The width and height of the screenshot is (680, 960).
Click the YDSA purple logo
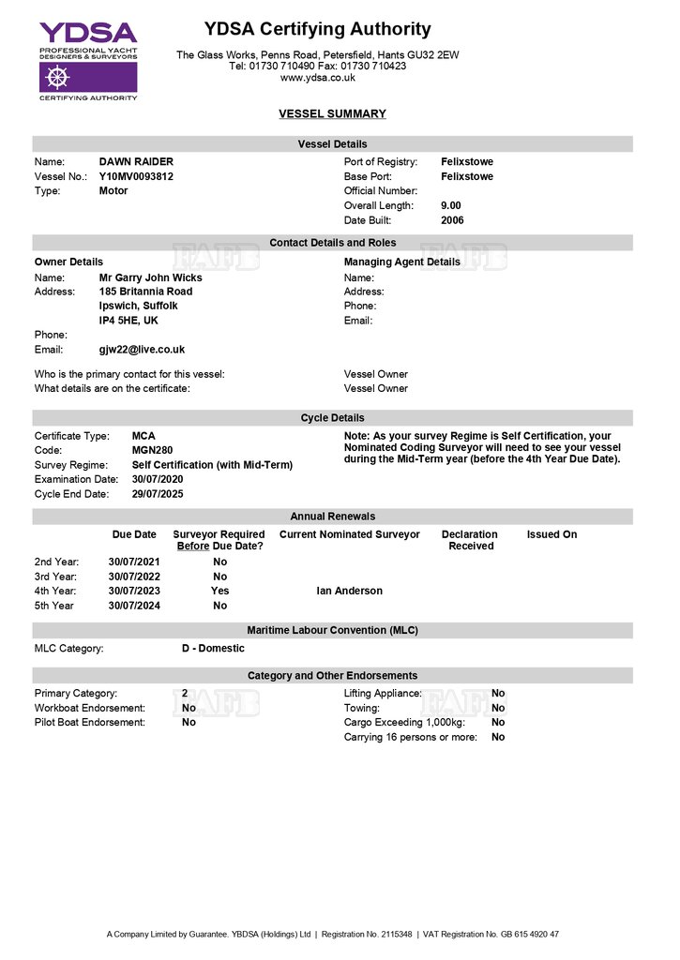pyautogui.click(x=88, y=59)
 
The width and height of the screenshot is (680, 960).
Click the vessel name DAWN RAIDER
pyautogui.click(x=136, y=162)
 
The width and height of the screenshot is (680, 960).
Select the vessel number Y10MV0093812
pyautogui.click(x=136, y=176)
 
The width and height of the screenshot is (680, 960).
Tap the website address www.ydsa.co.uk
pyautogui.click(x=317, y=78)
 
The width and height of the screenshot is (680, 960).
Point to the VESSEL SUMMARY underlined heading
pyautogui.click(x=332, y=114)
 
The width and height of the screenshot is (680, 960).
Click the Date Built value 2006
pyautogui.click(x=452, y=220)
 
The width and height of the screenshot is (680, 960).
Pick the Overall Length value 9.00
pyautogui.click(x=451, y=205)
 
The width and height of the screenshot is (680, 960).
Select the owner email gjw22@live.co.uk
pyautogui.click(x=142, y=350)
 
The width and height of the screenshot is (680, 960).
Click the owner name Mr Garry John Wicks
pyautogui.click(x=150, y=277)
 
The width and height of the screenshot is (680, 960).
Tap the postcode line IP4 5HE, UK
pyautogui.click(x=128, y=321)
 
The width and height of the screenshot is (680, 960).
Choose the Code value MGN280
pyautogui.click(x=153, y=451)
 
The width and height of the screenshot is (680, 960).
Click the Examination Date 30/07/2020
pyautogui.click(x=158, y=479)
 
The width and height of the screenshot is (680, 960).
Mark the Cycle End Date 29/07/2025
pyautogui.click(x=158, y=494)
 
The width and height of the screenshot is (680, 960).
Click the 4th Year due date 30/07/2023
pyautogui.click(x=134, y=591)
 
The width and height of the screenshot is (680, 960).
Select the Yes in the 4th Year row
pyautogui.click(x=219, y=591)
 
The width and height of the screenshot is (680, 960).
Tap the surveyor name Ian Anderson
pyautogui.click(x=350, y=591)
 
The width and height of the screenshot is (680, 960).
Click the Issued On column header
pyautogui.click(x=552, y=534)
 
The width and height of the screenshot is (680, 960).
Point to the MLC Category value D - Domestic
pyautogui.click(x=213, y=648)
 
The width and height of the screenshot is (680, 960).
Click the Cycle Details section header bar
pyautogui.click(x=332, y=418)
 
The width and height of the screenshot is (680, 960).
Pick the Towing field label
pyautogui.click(x=362, y=708)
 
